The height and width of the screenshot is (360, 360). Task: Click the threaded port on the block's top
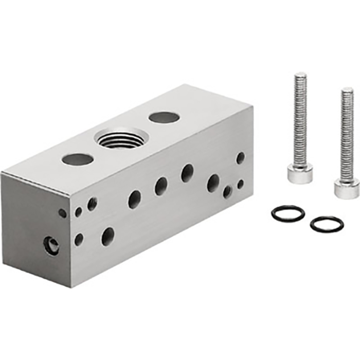coord(122,138)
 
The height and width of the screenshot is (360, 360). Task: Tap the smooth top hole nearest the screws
coord(164,117)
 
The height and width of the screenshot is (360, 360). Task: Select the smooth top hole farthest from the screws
coord(78,159)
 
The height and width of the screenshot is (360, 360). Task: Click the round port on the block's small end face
coord(51,246)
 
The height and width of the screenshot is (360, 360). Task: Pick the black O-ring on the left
coord(287,212)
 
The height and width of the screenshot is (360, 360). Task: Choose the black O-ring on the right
coord(327,224)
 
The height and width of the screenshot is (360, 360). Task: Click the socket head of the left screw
coord(300,173)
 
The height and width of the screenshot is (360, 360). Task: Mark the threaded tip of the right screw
coord(347,91)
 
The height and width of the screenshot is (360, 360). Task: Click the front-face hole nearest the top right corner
coord(240,158)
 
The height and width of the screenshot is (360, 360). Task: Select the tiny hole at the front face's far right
coord(240,184)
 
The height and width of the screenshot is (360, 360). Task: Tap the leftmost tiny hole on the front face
coord(62,213)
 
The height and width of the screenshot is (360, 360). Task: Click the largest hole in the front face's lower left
coord(108,236)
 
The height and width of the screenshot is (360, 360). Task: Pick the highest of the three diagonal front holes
coord(187,173)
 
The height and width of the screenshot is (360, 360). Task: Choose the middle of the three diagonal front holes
coord(161,186)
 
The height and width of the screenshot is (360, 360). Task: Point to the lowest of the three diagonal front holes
coord(135,199)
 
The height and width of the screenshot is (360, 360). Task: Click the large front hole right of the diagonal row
coord(213,183)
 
